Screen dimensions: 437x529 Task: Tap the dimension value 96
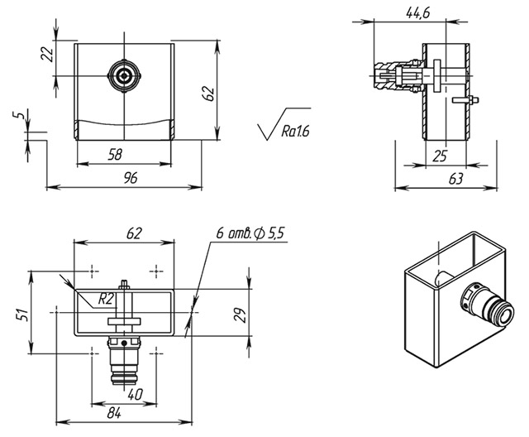tap(123, 178)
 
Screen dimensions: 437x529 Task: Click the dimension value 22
tap(47, 54)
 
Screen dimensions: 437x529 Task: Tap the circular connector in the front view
tap(124, 77)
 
